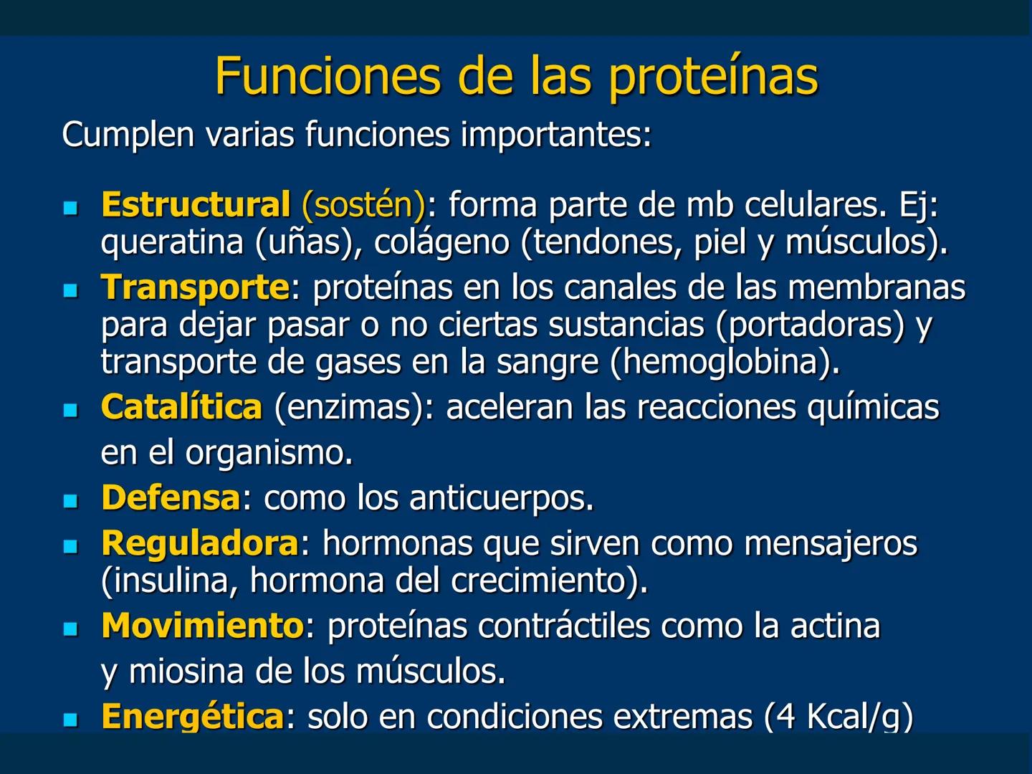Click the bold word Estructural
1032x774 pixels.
[196, 204]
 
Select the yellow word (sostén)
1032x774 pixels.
[364, 205]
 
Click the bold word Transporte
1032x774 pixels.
[196, 288]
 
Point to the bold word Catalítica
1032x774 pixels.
[181, 407]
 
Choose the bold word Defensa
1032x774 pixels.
[171, 497]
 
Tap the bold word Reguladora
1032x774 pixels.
[200, 543]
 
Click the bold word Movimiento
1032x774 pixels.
[203, 626]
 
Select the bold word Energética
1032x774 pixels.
[193, 716]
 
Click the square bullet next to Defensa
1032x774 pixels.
[70, 500]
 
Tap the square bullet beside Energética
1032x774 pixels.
[70, 719]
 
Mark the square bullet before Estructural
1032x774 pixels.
[70, 208]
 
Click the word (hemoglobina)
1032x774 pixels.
[725, 362]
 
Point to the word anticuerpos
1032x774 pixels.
[501, 497]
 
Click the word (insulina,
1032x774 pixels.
[170, 580]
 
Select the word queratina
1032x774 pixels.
[172, 242]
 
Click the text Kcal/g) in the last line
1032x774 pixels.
[860, 716]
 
